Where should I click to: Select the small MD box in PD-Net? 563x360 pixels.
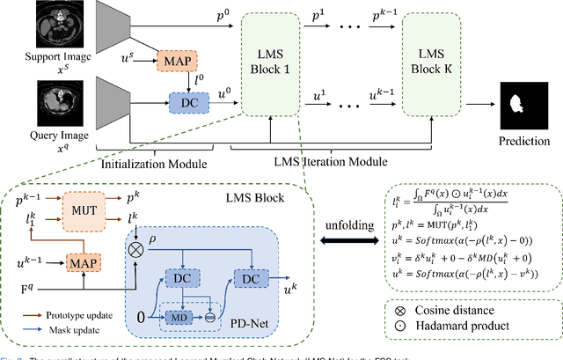[177, 316]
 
